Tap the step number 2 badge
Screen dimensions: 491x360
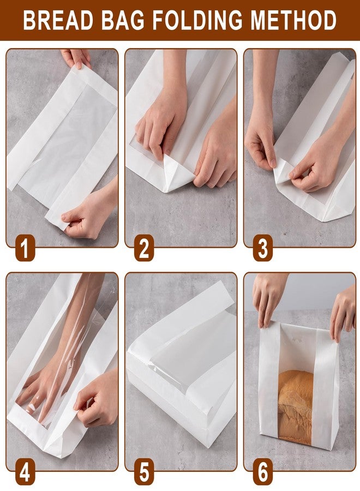[143, 249]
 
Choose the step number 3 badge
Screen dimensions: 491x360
[262, 249]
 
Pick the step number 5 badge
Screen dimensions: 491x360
[143, 472]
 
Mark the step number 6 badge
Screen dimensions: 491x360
[262, 472]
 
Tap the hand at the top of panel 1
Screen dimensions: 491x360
[76, 57]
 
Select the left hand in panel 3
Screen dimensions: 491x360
[260, 142]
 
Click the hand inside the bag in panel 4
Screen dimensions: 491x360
[44, 390]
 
